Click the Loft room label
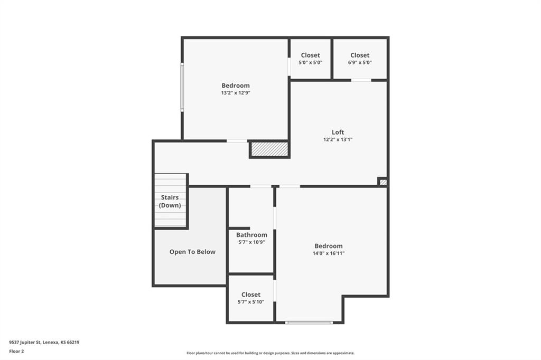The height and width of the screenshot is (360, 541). pos(338,132)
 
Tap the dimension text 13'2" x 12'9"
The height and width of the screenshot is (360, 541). pos(236,93)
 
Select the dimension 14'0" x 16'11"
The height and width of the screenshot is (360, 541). pos(329,253)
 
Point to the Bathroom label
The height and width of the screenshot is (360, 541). pos(251,235)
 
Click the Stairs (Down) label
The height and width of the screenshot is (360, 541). pos(170,202)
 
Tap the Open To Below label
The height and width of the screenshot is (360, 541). pos(192,252)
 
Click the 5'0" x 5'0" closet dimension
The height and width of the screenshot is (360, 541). pos(311,62)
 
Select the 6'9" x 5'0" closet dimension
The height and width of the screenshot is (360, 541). pos(360,62)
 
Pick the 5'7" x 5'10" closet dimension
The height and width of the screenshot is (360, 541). pos(251,302)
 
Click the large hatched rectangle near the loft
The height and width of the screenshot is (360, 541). pos(269,149)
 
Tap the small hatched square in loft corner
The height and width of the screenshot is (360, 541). pos(383,182)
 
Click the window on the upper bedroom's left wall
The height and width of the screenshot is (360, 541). pos(182,87)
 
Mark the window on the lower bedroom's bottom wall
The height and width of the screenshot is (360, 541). pos(309,323)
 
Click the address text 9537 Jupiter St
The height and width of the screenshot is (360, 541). pos(25,343)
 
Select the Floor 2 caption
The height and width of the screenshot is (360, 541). pos(16,352)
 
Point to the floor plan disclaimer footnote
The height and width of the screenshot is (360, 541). pos(270,353)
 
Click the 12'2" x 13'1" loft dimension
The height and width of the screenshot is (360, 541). pos(338,140)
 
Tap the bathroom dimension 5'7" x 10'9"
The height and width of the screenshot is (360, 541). pos(251,242)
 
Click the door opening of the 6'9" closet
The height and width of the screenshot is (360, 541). pos(361,80)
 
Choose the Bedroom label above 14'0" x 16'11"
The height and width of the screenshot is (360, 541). pos(329,246)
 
